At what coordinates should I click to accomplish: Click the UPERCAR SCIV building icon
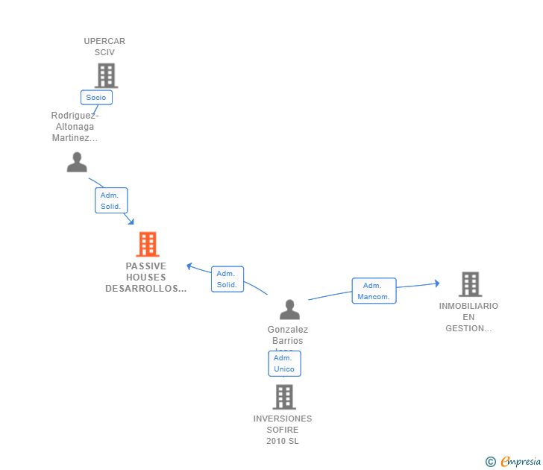[x=106, y=75]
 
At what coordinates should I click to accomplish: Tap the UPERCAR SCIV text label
[x=104, y=46]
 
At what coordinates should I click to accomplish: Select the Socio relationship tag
[x=96, y=97]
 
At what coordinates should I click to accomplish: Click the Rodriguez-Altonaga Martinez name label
[x=75, y=127]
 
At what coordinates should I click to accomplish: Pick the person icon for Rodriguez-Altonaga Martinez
[x=77, y=162]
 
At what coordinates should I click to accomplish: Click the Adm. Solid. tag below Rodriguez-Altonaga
[x=111, y=201]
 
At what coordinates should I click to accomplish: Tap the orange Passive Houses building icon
[x=148, y=244]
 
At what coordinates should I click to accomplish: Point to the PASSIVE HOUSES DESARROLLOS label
[x=146, y=277]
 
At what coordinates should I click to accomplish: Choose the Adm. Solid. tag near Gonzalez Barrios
[x=227, y=279]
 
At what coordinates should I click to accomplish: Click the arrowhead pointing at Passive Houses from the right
[x=189, y=266]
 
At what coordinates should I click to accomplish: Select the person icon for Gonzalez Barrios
[x=289, y=309]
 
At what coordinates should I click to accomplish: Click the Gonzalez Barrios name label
[x=287, y=335]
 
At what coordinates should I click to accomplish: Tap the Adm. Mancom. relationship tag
[x=374, y=291]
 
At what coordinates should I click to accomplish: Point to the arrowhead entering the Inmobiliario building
[x=436, y=283]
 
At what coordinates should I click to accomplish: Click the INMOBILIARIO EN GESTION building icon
[x=469, y=284]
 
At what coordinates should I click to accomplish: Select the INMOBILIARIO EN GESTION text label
[x=468, y=317]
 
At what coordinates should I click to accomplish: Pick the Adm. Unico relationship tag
[x=284, y=363]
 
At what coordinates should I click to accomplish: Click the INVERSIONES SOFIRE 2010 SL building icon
[x=284, y=397]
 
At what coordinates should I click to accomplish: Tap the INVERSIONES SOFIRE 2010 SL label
[x=283, y=430]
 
